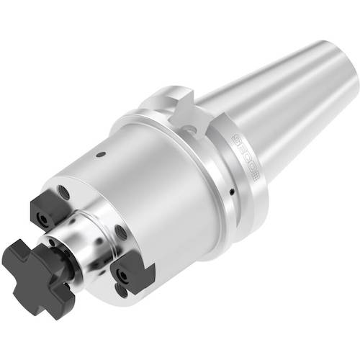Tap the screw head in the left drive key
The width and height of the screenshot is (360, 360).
[x=40, y=214]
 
